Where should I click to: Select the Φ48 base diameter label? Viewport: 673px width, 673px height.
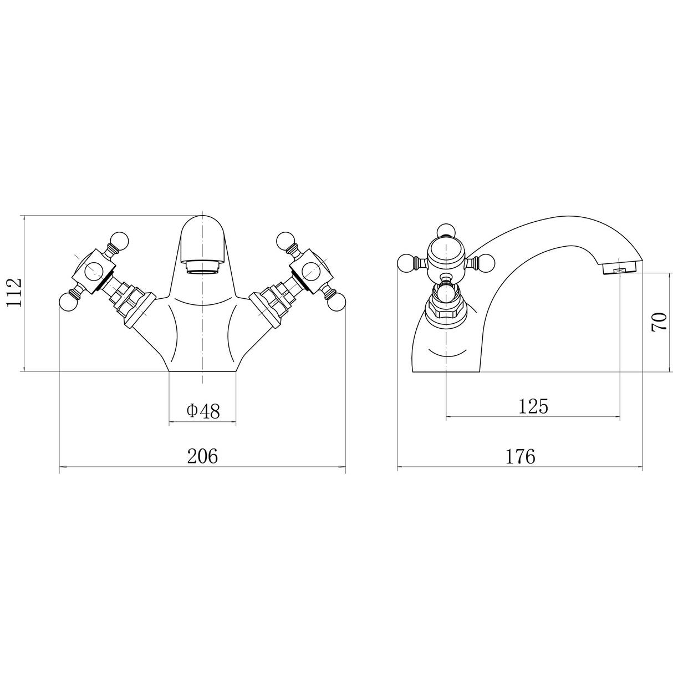203,411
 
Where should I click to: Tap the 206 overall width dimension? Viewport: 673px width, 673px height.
202,456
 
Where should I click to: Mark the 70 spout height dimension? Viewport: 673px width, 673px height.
659,322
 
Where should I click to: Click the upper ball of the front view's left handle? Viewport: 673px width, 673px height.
119,239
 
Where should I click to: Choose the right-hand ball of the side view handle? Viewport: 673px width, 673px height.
486,262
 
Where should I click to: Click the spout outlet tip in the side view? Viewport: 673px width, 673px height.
619,270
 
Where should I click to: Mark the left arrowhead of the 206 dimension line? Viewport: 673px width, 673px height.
63,467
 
